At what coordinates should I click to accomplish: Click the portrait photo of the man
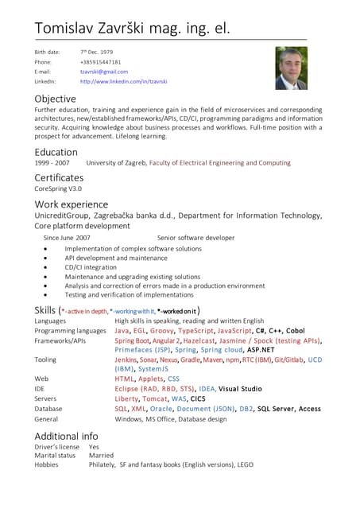[291, 68]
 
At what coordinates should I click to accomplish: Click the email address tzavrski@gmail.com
[103, 72]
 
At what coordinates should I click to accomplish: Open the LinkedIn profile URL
[123, 81]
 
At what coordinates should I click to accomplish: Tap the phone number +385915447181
[100, 61]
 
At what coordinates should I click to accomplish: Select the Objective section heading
[55, 99]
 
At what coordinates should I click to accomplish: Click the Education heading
[56, 152]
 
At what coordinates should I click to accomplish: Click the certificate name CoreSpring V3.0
[58, 189]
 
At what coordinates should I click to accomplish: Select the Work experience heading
[71, 204]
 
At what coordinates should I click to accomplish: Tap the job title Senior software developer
[195, 238]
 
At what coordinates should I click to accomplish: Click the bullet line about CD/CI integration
[91, 267]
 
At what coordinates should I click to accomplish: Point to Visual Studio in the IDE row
[240, 389]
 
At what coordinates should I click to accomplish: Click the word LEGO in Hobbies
[245, 464]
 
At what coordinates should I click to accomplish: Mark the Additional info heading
[66, 436]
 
